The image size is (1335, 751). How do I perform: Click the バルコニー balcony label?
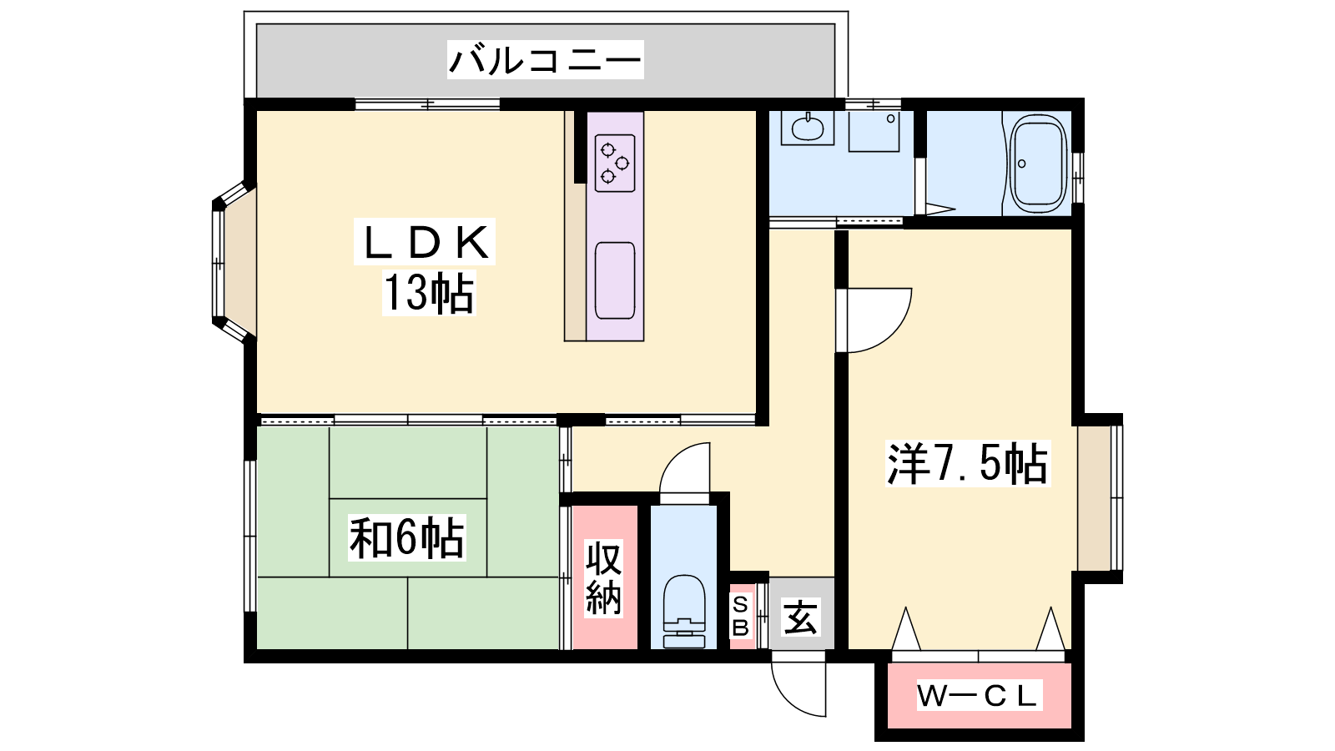click(x=546, y=60)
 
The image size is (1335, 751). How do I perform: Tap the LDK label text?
click(x=425, y=242)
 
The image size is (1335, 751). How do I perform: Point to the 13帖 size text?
click(x=429, y=293)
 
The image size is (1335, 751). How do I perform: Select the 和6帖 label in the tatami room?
click(x=406, y=539)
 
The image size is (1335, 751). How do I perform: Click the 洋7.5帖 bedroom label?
click(x=967, y=463)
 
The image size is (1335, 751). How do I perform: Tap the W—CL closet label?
click(x=980, y=696)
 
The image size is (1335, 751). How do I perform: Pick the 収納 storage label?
click(x=603, y=577)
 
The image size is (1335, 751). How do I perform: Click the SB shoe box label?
click(x=740, y=617)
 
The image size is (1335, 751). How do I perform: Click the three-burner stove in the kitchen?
click(x=614, y=163)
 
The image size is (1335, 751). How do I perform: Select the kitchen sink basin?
click(x=614, y=280)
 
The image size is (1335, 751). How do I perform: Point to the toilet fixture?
click(x=683, y=612)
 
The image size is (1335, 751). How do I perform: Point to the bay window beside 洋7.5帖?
click(x=1101, y=497)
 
